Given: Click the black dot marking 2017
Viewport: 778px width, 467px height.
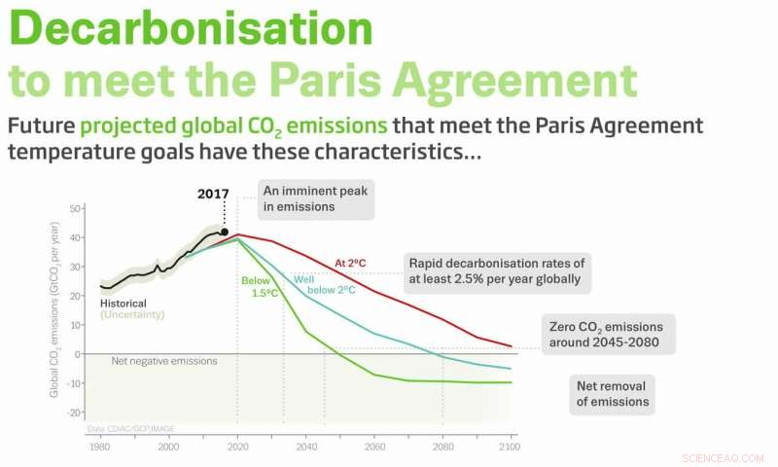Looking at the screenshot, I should coord(225,232).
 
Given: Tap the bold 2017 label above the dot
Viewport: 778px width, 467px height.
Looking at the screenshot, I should coord(213,194).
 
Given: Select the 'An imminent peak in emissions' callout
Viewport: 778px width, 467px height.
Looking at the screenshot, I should coord(317,198).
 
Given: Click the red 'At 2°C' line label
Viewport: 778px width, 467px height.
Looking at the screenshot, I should coord(349,263).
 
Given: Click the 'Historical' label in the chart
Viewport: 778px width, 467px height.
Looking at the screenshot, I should coord(124,304).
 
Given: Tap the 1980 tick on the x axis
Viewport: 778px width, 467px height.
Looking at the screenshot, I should coord(99,447).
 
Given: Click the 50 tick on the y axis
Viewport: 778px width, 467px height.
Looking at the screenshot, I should coord(75,209).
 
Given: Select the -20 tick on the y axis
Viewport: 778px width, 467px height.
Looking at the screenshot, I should coord(73,412).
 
